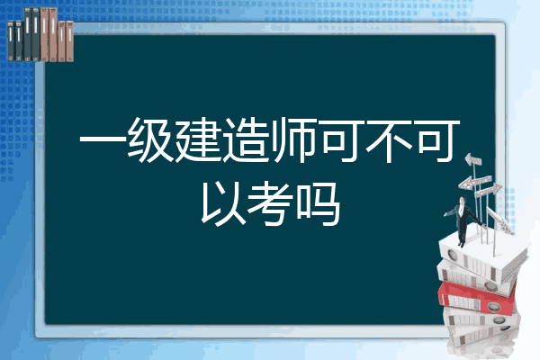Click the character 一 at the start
(103, 140)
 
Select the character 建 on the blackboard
(198, 140)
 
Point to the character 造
(246, 140)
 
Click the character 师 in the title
(293, 140)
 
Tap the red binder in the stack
(476, 299)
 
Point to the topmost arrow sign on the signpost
(473, 159)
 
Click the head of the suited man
(463, 200)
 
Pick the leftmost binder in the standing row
(11, 40)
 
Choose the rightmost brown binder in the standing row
(69, 41)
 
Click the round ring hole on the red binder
(493, 306)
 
